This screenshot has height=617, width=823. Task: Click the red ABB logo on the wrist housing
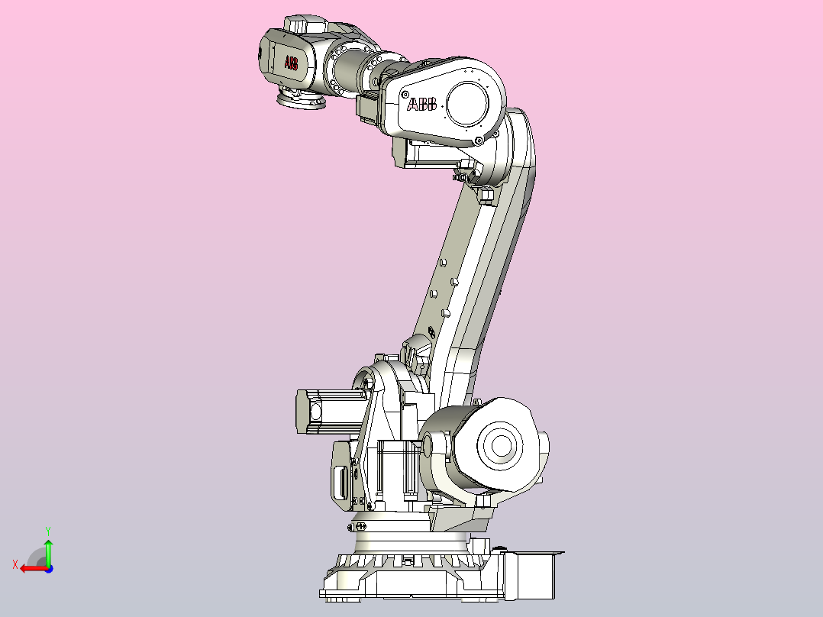pos(292,63)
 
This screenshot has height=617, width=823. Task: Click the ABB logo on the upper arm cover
pos(422,105)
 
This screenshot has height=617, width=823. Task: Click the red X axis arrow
pos(31,568)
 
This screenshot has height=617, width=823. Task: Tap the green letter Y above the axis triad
pos(48,530)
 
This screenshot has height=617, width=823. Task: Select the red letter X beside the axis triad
pos(15,565)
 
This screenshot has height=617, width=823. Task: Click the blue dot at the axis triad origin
pos(48,568)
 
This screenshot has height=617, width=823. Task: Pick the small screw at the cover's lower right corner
pos(479,140)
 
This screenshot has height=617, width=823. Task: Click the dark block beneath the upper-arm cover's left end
pos(371,107)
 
